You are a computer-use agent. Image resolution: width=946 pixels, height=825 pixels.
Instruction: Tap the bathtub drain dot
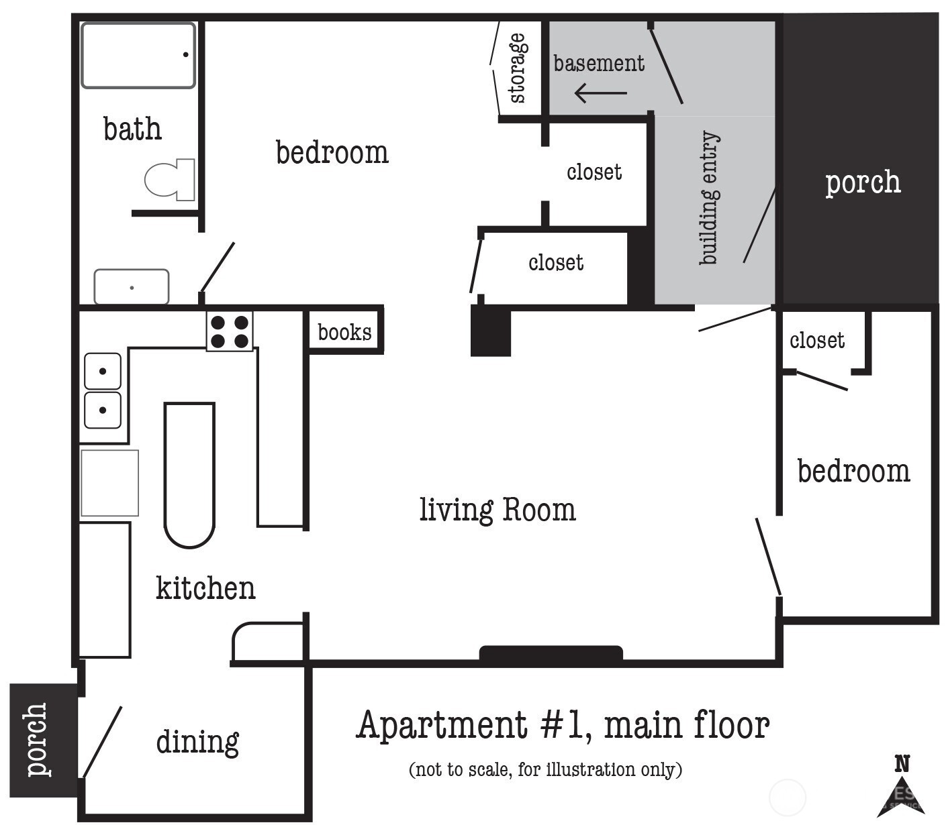(x=186, y=54)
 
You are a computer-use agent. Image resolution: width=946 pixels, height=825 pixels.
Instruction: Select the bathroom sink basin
(x=132, y=287)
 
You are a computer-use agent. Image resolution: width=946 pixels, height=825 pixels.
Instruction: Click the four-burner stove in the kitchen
(x=230, y=331)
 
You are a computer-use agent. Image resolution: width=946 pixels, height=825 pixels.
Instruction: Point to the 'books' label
(x=344, y=332)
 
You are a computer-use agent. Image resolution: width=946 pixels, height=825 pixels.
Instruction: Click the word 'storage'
(x=517, y=68)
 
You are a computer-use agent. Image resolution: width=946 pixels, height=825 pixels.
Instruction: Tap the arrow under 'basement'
(x=601, y=93)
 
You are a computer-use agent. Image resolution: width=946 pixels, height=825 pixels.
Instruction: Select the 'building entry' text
(x=709, y=197)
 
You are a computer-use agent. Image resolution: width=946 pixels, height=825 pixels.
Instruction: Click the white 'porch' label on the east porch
(x=863, y=182)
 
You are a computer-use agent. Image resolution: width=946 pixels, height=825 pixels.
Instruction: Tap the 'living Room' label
(x=498, y=510)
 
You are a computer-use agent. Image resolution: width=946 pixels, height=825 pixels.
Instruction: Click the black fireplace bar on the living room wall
(x=551, y=653)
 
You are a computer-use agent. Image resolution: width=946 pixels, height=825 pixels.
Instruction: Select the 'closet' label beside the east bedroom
(x=817, y=341)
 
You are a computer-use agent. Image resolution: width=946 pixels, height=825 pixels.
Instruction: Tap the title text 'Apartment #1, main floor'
(x=563, y=725)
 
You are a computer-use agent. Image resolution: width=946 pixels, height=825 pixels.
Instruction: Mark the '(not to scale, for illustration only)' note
(x=546, y=769)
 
